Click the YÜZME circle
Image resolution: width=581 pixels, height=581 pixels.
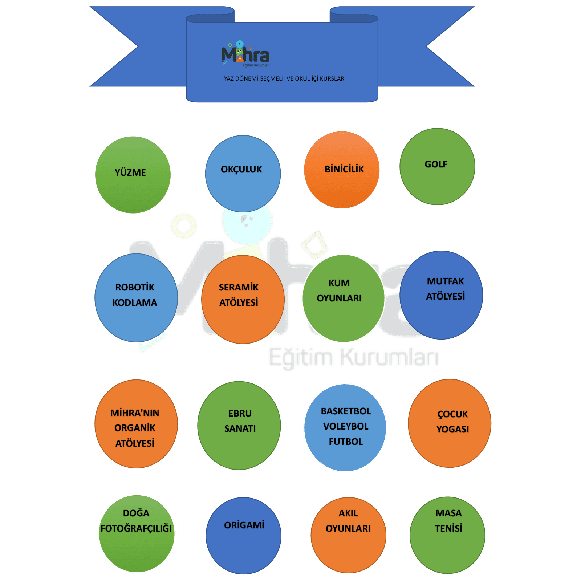pos(133,175)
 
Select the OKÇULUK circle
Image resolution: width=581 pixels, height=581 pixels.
pos(243,174)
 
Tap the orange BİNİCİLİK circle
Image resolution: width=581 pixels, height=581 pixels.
pos(342,170)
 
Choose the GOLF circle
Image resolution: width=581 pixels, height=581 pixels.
pos(437,167)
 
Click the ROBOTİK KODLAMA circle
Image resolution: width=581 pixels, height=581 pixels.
pos(136,298)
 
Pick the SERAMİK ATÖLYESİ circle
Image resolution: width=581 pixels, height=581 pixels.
pos(243,299)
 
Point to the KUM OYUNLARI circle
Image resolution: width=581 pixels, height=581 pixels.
pos(343,298)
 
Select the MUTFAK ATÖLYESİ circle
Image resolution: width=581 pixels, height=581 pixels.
pos(441,295)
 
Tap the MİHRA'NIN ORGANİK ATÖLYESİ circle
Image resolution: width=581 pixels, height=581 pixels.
pos(136,424)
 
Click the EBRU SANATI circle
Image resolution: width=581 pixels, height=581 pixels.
pos(239,425)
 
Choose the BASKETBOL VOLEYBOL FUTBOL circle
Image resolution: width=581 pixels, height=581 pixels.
pos(345,428)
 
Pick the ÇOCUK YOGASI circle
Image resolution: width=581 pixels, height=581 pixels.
pos(450,423)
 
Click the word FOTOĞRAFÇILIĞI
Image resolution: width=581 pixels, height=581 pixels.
pos(136,528)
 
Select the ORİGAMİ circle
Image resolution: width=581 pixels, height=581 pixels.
pos(243,536)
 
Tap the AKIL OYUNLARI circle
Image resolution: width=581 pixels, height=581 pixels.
pos(348,535)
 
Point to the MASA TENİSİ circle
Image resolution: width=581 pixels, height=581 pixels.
pos(447,535)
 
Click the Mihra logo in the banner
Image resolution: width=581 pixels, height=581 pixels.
pos(245,55)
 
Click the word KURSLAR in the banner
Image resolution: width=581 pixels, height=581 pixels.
pos(332,79)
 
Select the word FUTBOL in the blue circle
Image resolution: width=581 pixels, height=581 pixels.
pos(346,442)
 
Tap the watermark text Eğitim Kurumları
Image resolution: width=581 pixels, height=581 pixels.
pos(353,357)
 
